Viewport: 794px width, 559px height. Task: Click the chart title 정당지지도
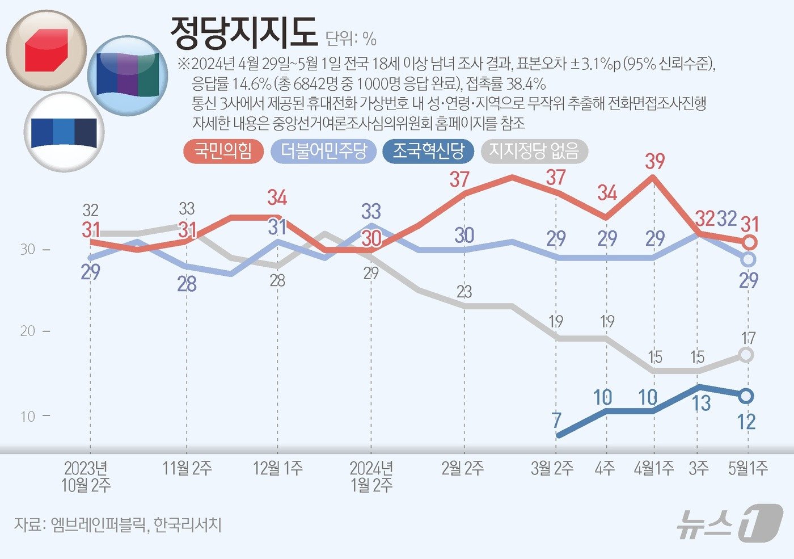tap(243, 33)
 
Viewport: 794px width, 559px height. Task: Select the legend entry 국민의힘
tap(223, 152)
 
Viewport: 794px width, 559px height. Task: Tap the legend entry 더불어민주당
tap(324, 152)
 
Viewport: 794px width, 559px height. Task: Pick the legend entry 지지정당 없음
tap(534, 152)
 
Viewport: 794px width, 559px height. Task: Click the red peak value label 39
tap(654, 162)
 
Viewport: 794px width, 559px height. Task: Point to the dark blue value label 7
tap(556, 421)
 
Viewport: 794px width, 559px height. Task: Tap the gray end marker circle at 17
tap(747, 355)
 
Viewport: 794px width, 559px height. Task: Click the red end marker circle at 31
tap(749, 243)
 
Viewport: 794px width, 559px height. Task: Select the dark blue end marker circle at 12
tap(747, 396)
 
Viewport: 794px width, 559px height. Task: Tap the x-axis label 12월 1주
tap(277, 469)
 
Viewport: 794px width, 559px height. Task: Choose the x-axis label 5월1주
tap(748, 469)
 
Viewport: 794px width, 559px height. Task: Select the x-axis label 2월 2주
tap(462, 469)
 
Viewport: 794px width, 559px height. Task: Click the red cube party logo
tap(47, 50)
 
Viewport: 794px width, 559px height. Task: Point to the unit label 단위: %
tap(351, 39)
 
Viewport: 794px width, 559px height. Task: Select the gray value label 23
tap(464, 292)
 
